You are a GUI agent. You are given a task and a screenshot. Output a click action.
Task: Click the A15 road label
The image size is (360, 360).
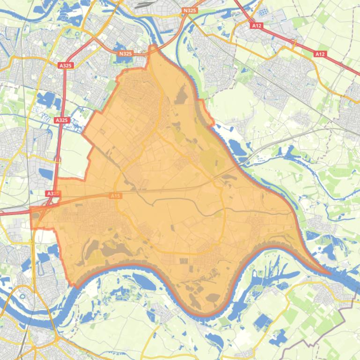point(116,196)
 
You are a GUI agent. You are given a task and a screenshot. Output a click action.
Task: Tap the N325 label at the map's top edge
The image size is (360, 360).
point(190,10)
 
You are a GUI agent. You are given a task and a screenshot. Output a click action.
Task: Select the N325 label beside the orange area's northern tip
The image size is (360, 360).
point(125,53)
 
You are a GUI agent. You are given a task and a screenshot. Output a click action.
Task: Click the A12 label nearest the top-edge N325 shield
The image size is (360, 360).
point(257,26)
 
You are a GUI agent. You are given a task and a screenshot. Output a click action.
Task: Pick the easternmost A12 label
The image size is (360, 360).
point(320,54)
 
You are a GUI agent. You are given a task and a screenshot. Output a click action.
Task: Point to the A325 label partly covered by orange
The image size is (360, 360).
point(52,193)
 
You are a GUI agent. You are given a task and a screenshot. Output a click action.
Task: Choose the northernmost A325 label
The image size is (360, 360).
point(66,66)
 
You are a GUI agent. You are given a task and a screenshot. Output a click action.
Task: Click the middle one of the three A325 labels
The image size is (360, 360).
point(62,120)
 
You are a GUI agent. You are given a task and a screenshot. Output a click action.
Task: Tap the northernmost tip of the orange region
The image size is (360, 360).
point(152,45)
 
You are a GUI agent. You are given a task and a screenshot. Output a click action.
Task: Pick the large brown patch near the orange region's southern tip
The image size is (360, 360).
point(213,297)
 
